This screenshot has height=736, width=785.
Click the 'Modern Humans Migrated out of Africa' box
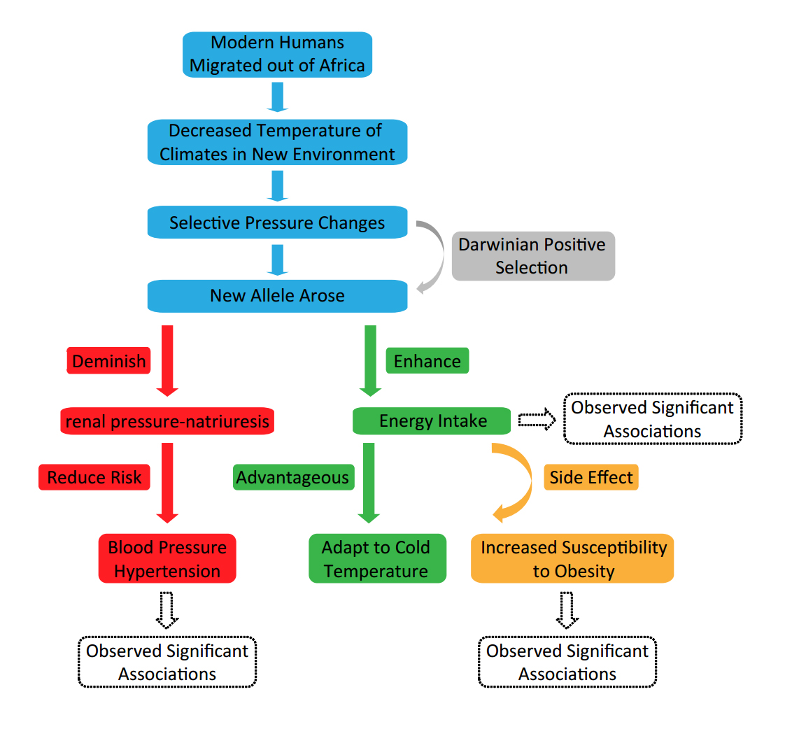(278, 55)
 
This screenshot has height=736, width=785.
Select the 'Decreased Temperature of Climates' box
(278, 142)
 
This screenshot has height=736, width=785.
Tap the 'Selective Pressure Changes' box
(278, 223)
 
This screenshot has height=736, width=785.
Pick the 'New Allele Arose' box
(278, 295)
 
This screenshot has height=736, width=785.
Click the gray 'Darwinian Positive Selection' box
(532, 256)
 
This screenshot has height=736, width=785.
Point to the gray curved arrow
(438, 256)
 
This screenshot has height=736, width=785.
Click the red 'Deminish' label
(109, 361)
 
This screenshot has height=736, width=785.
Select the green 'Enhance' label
(427, 361)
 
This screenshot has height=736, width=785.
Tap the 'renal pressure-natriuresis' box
(167, 421)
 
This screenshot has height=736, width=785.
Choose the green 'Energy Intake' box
(432, 420)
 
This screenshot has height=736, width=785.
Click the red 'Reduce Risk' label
(94, 477)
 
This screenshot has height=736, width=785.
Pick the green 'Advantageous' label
(292, 477)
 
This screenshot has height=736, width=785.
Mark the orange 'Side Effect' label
(591, 477)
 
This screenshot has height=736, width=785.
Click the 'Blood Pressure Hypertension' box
(167, 558)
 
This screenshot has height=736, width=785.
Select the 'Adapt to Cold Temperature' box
(376, 558)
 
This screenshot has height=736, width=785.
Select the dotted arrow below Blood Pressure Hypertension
(167, 609)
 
